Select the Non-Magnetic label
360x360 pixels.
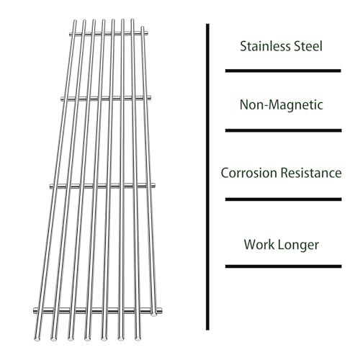282,105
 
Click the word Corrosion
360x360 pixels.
249,173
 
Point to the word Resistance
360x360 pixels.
311,173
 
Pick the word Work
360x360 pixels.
259,244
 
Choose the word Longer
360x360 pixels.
299,245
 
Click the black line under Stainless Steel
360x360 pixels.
283,71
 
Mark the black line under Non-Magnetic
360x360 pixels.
284,130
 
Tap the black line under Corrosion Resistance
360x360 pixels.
284,199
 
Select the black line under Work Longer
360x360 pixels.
284,266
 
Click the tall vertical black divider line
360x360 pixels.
207,177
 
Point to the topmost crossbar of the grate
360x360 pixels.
109,34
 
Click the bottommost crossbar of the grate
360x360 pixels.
98,311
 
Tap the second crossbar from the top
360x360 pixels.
106,98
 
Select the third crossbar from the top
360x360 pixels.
102,186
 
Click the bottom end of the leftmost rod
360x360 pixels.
37,338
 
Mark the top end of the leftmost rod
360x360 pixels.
75,21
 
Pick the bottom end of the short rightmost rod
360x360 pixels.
154,315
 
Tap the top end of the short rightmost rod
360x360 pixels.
143,27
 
